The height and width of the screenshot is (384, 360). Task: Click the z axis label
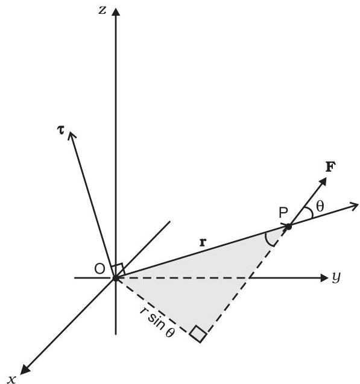[103, 10]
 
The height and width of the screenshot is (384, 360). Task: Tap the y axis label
[336, 278]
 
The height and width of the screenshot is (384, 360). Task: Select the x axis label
[11, 379]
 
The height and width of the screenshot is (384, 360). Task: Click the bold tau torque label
[60, 130]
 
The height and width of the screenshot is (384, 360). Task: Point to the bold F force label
[330, 167]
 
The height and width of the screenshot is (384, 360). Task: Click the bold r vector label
[203, 242]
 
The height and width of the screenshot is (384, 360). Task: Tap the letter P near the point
[283, 213]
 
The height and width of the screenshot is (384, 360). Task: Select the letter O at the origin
[99, 269]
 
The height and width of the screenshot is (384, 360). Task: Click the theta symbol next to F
[320, 206]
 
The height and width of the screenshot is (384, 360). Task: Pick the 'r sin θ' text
[158, 323]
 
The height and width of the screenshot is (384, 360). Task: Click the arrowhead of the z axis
[116, 12]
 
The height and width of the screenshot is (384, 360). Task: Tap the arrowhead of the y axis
[324, 278]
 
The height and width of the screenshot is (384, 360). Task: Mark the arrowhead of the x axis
[25, 370]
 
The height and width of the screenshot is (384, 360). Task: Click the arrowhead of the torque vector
[71, 135]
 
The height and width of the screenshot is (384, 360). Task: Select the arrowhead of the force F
[323, 182]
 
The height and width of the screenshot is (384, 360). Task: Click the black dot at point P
[289, 227]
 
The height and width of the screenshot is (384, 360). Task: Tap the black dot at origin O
[116, 279]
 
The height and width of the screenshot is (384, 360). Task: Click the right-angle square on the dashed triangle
[198, 333]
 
